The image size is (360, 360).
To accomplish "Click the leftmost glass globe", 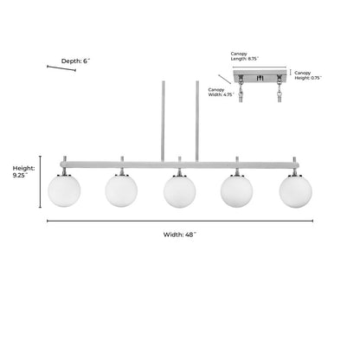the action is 64,190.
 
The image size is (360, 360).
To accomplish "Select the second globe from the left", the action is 121,190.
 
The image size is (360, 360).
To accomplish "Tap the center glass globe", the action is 179,191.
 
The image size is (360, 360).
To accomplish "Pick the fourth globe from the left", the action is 236,191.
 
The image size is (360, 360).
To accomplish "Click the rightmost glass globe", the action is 295,191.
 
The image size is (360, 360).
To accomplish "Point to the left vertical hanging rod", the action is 163,121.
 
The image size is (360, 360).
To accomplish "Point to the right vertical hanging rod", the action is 197,121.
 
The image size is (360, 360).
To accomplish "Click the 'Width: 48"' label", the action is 180,235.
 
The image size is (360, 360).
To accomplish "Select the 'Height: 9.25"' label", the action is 23,171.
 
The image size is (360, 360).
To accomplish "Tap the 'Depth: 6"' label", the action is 75,61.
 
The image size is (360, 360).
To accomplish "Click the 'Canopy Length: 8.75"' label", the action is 244,56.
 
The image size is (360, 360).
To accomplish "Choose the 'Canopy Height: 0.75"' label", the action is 308,75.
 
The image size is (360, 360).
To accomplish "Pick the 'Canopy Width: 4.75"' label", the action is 221,92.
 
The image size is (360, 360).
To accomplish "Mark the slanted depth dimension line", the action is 61,68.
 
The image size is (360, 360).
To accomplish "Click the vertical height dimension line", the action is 40,182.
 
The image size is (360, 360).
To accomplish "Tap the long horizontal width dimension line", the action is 180,221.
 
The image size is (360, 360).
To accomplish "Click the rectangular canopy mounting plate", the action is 260,76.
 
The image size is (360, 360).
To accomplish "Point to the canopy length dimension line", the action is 260,67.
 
